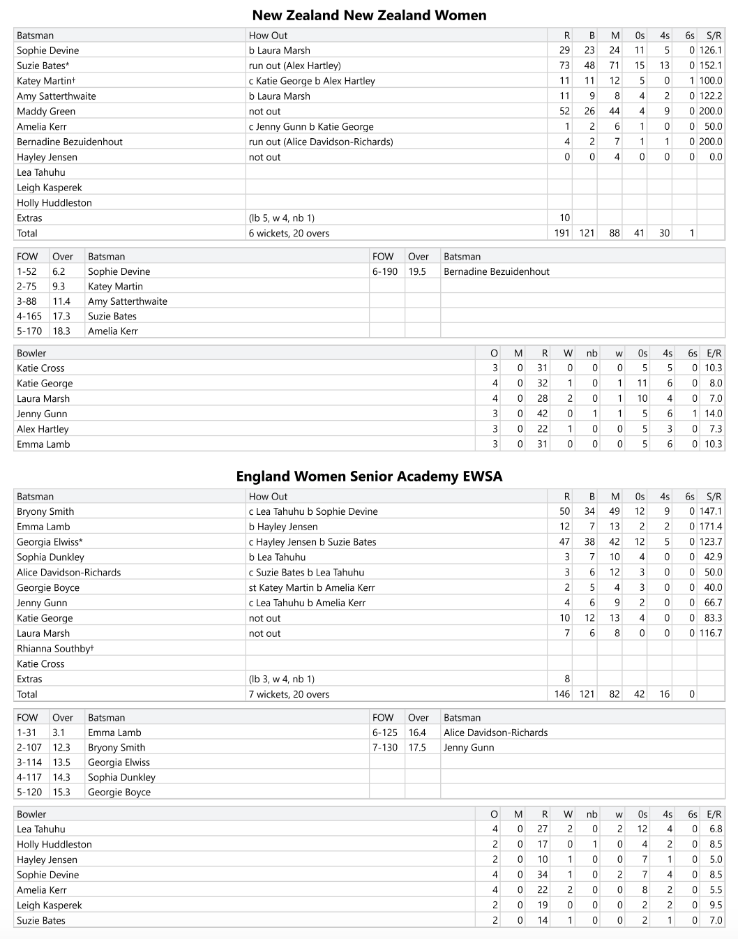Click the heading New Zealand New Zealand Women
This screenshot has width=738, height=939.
369,15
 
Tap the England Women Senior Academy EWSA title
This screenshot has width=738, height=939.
369,476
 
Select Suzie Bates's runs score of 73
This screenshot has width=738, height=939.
564,66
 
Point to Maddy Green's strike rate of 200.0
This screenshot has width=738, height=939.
711,112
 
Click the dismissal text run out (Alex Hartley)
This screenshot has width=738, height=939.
294,66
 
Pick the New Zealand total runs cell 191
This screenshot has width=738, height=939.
562,234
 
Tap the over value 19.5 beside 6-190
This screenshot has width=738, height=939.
417,271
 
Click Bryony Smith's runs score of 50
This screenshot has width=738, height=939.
564,511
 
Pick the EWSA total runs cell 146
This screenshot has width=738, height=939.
562,694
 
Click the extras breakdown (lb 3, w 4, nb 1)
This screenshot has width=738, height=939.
282,679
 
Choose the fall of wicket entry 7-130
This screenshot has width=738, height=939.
385,747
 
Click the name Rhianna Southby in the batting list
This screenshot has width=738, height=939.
54,649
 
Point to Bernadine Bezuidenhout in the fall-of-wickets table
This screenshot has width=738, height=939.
497,271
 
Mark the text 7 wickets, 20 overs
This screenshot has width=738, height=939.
289,694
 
